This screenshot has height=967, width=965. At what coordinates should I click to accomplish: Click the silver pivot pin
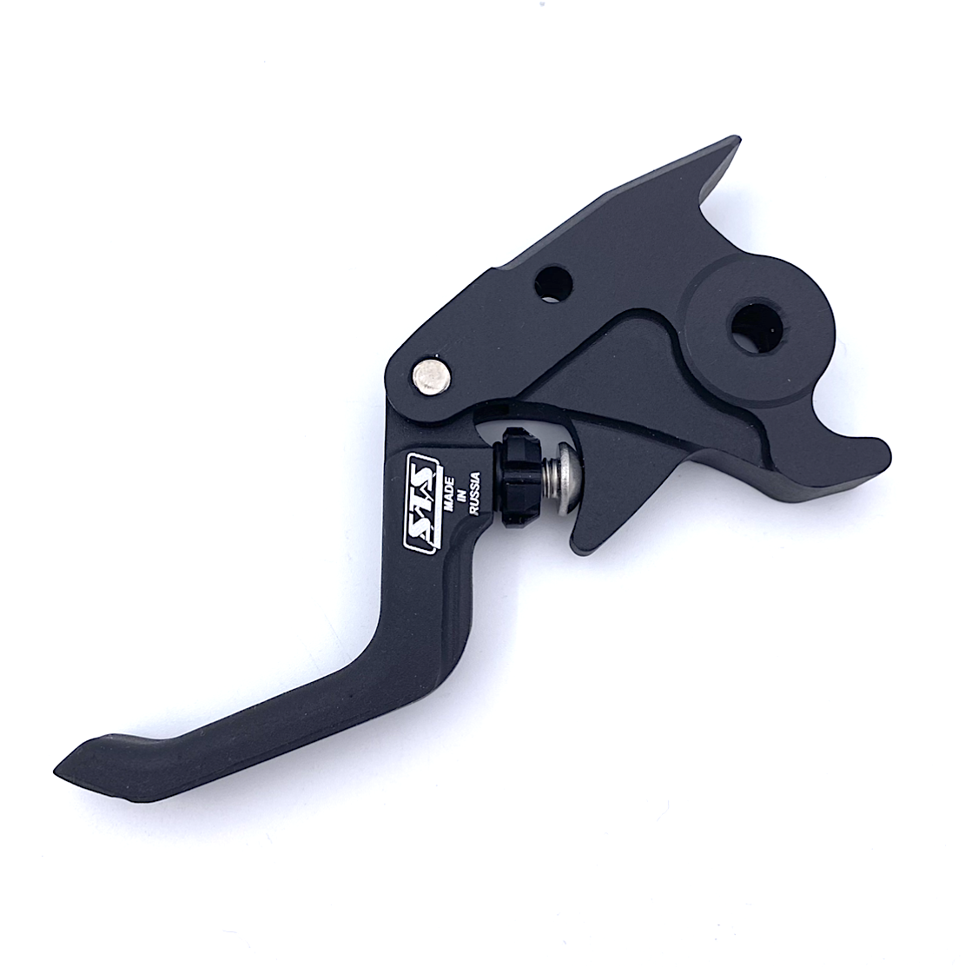point(430,373)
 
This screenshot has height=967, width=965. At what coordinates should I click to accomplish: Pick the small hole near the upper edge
point(553,285)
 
